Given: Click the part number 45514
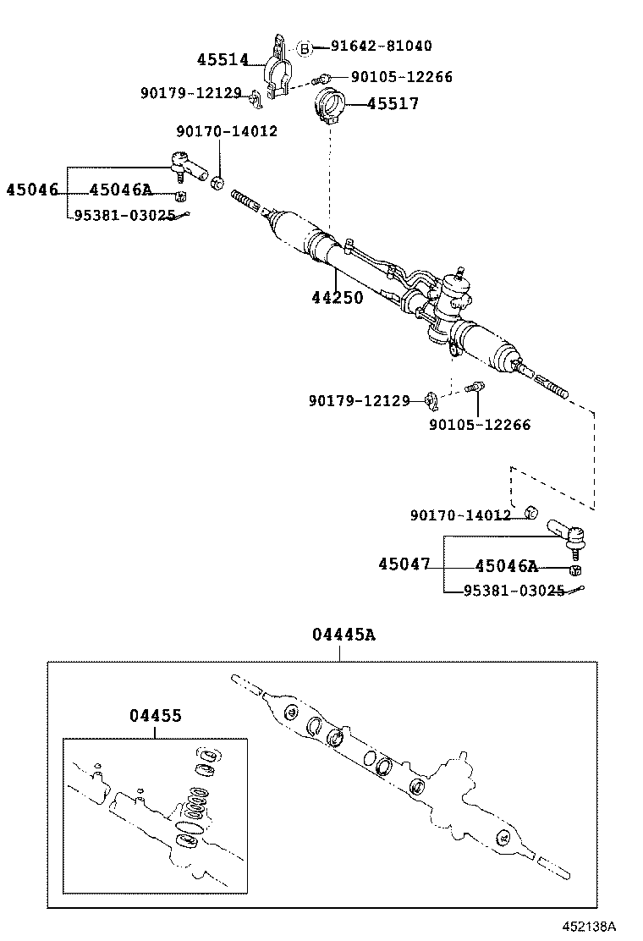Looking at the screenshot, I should [x=223, y=60].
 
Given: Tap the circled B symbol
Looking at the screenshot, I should [x=305, y=47].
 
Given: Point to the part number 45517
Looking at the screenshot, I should [x=393, y=104].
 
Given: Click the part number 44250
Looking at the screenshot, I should [x=337, y=298].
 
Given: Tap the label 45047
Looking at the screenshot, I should [x=404, y=564].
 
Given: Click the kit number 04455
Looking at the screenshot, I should [x=156, y=716].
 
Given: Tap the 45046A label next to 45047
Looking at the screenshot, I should [x=506, y=567].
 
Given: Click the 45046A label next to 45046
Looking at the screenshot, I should [x=120, y=190].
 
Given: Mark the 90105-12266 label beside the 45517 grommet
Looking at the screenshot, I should [x=401, y=77].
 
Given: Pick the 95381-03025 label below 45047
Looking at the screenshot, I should [x=514, y=591].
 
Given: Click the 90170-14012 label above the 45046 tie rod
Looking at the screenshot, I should [x=227, y=131].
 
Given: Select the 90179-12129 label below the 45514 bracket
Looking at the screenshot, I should [x=190, y=93].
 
